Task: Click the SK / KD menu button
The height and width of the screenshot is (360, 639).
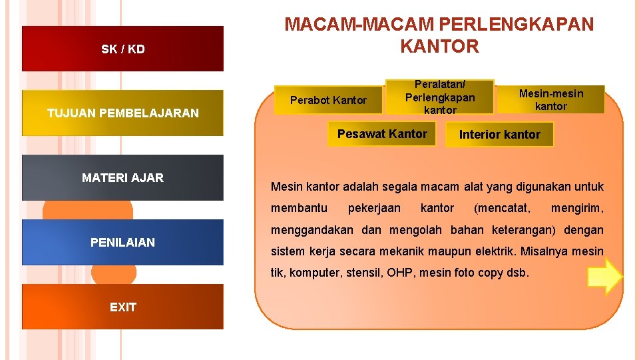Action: click(123, 49)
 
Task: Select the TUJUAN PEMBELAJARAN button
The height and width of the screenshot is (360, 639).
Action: click(123, 113)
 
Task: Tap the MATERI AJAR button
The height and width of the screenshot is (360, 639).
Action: click(123, 177)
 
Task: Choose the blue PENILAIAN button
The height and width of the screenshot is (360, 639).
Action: click(123, 242)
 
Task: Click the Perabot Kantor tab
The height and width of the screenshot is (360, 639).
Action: click(329, 100)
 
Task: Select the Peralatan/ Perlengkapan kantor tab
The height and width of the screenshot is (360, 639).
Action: click(440, 97)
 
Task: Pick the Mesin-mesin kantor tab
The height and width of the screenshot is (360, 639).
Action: click(551, 99)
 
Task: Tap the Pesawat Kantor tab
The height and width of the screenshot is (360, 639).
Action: click(382, 133)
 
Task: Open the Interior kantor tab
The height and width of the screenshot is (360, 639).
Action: click(500, 134)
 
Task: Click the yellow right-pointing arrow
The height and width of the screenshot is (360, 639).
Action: click(604, 277)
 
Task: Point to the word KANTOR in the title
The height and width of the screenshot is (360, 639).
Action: click(439, 46)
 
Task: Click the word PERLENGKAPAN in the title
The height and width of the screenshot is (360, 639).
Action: click(516, 24)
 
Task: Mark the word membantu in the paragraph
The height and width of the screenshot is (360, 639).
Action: click(299, 208)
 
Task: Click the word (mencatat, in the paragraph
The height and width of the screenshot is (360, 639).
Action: click(502, 208)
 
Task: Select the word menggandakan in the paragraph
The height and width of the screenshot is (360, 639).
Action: click(311, 230)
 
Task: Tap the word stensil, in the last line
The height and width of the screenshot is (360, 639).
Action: click(365, 273)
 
